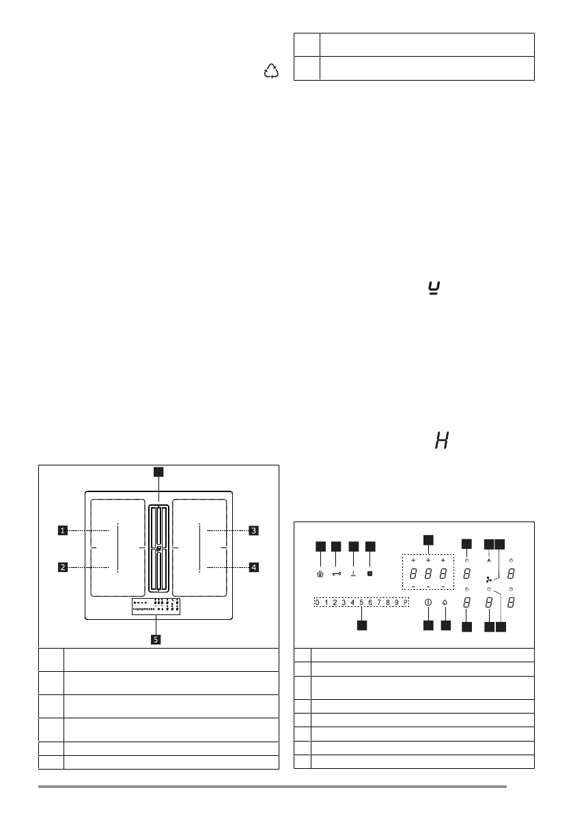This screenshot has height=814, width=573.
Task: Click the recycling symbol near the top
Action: (272, 70)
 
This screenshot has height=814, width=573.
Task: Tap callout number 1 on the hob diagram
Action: (62, 530)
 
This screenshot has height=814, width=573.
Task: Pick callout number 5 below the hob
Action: (156, 640)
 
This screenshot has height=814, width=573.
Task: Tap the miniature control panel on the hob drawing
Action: (156, 606)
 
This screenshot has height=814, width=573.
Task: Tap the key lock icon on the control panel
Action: (336, 574)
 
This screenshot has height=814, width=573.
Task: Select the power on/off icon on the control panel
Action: (428, 603)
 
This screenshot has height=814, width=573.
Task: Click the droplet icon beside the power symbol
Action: (445, 603)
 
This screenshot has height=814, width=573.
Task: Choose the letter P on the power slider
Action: (404, 602)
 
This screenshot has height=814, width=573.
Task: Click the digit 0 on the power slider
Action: (318, 602)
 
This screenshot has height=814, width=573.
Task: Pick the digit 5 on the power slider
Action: (361, 602)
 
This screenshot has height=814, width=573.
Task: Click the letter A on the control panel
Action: (489, 560)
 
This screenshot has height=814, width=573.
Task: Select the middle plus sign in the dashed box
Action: (428, 560)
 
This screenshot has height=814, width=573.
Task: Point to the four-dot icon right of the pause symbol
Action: (369, 574)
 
